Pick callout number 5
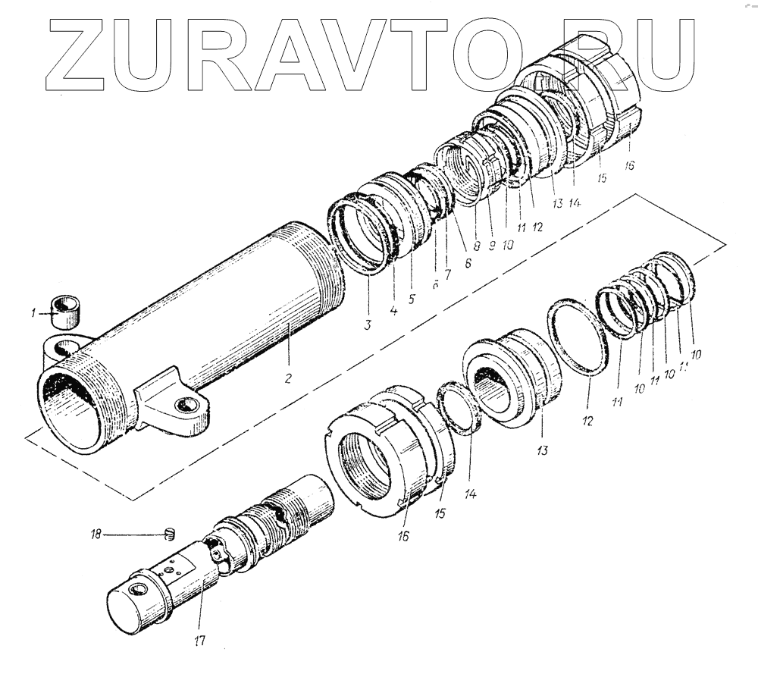412,297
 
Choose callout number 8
476,246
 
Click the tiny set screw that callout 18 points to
170,534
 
